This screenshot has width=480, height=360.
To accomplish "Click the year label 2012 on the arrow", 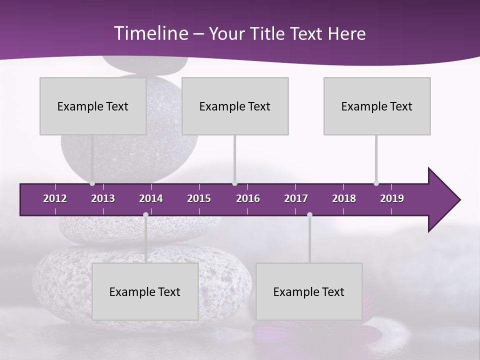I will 55,198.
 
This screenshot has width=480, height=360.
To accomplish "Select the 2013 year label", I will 103,198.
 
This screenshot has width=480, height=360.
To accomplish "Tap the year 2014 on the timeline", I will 151,198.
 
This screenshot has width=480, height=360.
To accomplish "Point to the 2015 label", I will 199,198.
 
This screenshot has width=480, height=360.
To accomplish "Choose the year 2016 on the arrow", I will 248,198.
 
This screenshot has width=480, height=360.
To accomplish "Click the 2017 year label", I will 296,198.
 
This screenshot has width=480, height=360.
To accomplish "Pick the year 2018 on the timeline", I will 344,198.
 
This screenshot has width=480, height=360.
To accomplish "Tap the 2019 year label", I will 392,198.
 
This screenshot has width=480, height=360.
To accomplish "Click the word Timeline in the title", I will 150,33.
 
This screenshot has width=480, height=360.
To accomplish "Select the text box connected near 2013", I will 93,106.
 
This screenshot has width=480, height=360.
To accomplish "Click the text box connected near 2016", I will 235,106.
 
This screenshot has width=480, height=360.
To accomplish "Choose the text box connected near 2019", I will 377,106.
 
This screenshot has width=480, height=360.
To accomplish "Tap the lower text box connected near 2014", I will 145,291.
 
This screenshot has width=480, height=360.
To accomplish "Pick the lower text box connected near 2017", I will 309,291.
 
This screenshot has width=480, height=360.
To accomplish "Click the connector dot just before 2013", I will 92,183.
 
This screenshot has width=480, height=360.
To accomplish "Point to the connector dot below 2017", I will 309,215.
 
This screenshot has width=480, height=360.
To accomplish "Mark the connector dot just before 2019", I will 376,183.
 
